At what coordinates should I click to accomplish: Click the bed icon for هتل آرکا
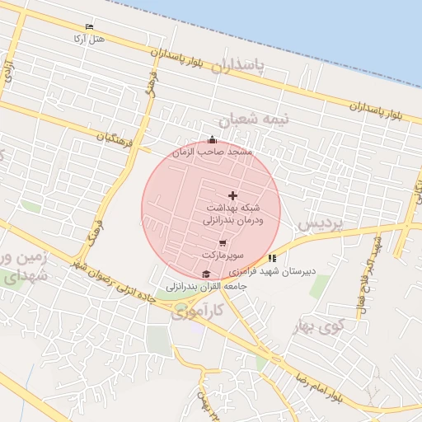pos(89,27)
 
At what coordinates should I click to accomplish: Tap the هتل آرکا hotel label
pos(89,39)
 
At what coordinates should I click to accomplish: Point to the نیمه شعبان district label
pos(260,120)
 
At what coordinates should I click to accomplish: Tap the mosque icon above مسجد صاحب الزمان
pos(212,140)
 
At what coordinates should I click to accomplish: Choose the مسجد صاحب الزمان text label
pos(212,152)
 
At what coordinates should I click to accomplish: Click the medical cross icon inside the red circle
pos(232,195)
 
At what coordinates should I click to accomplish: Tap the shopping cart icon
pos(223,242)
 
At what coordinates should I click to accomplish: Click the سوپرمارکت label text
pos(237,255)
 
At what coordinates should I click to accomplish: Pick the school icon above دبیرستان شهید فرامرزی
pos(272,258)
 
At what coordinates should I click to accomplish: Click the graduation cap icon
pos(205,274)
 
